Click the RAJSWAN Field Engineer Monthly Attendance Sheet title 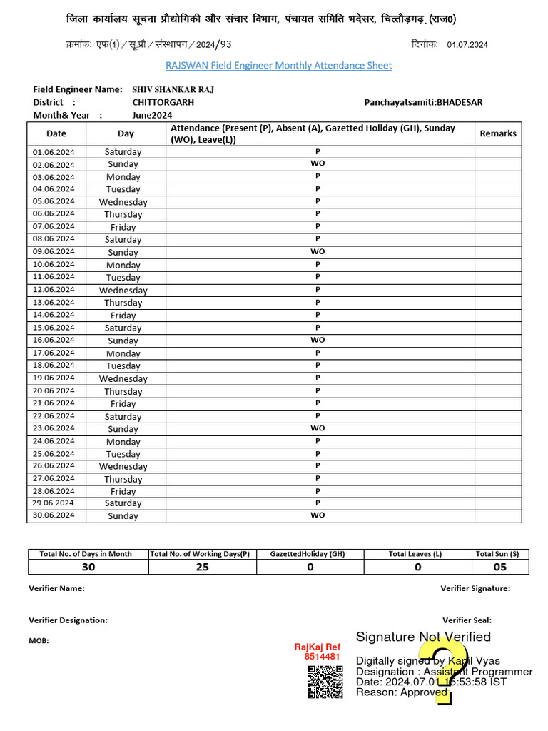278,66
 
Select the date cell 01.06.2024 54,152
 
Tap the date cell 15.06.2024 54,328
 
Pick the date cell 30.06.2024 54,515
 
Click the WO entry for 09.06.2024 318,251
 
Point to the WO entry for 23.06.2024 318,428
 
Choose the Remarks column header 497,133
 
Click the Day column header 126,133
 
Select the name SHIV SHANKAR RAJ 173,90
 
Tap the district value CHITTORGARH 163,102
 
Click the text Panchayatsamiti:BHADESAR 423,102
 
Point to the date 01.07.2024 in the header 467,45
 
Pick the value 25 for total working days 203,567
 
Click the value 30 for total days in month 88,567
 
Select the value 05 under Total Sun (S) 500,567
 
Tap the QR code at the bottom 325,681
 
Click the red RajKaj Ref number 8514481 322,657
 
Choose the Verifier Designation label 68,620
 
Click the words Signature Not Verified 423,637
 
